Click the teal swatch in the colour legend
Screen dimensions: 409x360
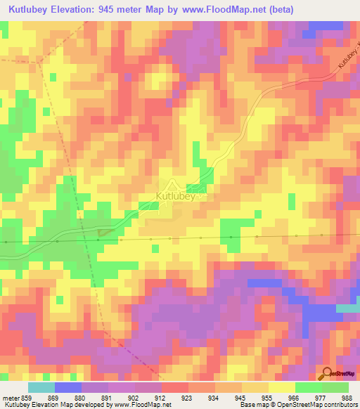coord(41,387)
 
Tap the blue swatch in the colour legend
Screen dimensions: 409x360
coord(67,387)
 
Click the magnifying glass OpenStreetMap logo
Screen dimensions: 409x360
coord(327,374)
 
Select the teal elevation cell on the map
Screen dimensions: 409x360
coord(348,309)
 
